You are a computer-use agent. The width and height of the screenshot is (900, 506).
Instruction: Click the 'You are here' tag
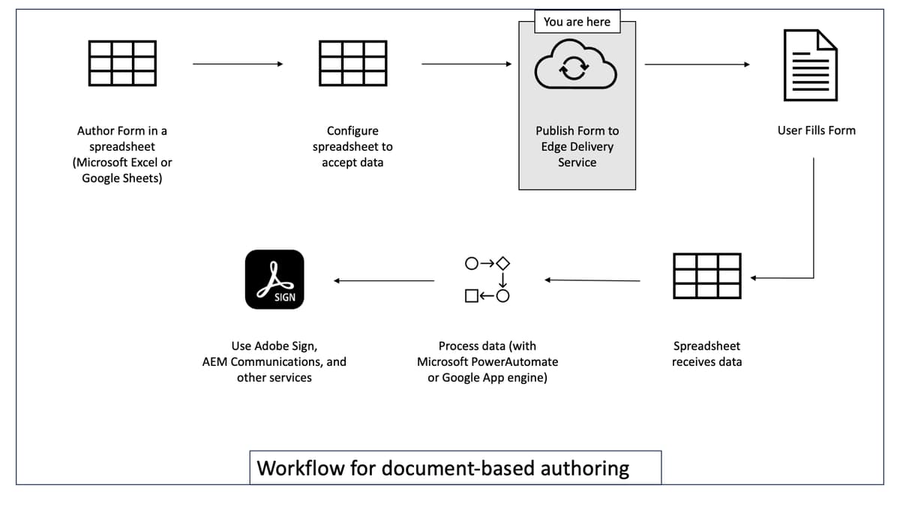point(577,22)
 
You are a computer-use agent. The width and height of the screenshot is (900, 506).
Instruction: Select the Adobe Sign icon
point(274,280)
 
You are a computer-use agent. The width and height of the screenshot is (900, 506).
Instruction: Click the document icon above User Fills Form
point(810,64)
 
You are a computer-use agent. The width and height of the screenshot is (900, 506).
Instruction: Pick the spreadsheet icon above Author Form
point(122,63)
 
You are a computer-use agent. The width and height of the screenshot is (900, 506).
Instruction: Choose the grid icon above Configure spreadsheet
point(352,63)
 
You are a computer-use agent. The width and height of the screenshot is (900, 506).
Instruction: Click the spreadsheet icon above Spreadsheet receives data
point(706,276)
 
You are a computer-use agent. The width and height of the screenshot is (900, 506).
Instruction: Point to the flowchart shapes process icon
point(487,280)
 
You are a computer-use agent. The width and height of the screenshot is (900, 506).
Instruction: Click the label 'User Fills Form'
point(816,130)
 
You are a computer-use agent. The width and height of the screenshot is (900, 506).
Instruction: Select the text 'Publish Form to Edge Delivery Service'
point(577,146)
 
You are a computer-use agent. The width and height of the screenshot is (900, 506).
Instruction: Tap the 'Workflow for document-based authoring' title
point(443,469)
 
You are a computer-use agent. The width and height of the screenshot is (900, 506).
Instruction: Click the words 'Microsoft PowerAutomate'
point(487,362)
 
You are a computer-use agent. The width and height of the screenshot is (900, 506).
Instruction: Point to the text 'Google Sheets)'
point(122,178)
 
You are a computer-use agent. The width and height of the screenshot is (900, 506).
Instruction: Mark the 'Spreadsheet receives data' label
point(706,354)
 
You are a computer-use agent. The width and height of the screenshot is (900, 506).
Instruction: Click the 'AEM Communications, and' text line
point(274,362)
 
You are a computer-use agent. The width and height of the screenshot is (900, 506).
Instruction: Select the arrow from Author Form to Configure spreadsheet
point(237,64)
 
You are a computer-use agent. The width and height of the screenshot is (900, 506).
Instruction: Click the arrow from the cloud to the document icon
point(697,64)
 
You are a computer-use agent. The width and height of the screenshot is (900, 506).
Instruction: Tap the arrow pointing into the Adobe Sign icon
point(384,281)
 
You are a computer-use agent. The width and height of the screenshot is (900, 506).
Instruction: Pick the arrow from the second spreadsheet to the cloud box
point(466,64)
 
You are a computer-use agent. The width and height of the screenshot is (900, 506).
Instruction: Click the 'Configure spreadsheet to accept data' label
point(352,146)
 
